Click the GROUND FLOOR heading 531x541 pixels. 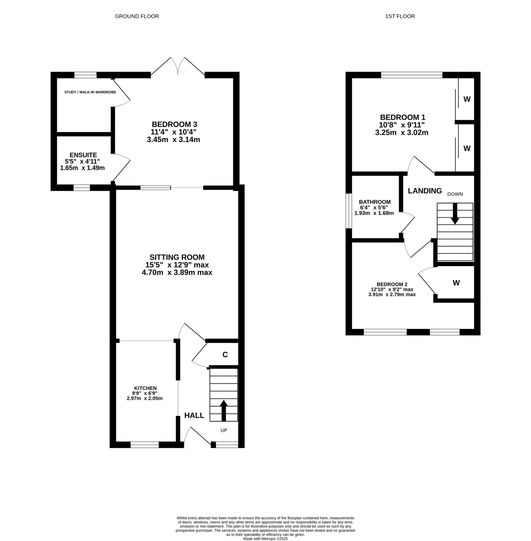(x=137, y=16)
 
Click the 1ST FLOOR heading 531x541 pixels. (x=400, y=16)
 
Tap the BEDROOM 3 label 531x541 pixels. (x=174, y=124)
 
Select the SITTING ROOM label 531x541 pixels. (x=177, y=257)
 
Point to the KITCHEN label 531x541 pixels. (x=145, y=388)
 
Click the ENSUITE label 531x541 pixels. (x=83, y=155)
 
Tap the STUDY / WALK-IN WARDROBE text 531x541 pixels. (x=90, y=92)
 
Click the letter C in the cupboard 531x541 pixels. (x=225, y=355)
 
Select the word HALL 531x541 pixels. (x=194, y=415)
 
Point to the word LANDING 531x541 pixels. (x=425, y=191)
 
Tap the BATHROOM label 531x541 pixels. (x=374, y=202)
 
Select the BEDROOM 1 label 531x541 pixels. (x=403, y=117)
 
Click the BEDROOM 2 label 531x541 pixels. (x=392, y=285)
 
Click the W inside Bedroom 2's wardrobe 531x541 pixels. (x=456, y=283)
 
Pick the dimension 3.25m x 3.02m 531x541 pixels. (x=402, y=133)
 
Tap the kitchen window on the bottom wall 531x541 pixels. (x=144, y=444)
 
